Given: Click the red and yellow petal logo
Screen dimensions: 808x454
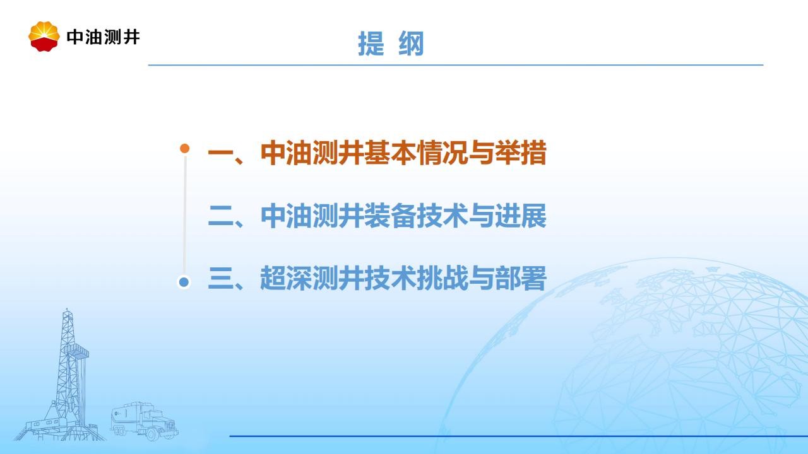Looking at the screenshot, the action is (x=44, y=36).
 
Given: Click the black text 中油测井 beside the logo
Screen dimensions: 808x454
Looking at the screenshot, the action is (x=103, y=37).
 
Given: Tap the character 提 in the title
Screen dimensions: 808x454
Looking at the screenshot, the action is (x=371, y=44).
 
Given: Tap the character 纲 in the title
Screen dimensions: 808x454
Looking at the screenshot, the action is (x=411, y=44).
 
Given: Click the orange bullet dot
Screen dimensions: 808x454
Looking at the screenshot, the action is (x=185, y=148).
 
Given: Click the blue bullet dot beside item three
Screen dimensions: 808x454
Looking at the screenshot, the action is (x=184, y=282).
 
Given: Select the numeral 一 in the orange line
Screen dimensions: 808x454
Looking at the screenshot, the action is (x=221, y=153).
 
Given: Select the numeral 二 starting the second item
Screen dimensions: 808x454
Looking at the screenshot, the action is (x=221, y=216).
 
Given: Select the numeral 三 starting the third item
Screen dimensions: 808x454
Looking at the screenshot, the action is (x=221, y=278).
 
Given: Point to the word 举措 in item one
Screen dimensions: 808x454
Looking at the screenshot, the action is (x=521, y=153).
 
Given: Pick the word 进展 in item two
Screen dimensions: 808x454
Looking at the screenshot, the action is (x=521, y=216).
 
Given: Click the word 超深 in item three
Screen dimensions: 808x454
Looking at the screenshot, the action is (x=286, y=278).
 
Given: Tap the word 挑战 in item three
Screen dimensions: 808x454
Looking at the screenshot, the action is (x=443, y=278).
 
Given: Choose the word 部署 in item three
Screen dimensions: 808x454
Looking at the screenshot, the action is (x=521, y=278).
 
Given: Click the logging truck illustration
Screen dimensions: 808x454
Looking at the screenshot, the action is (x=145, y=421).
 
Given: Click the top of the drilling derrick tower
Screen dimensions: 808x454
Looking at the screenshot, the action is (x=67, y=310).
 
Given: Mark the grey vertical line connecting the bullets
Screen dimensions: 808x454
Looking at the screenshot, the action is (x=185, y=214).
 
